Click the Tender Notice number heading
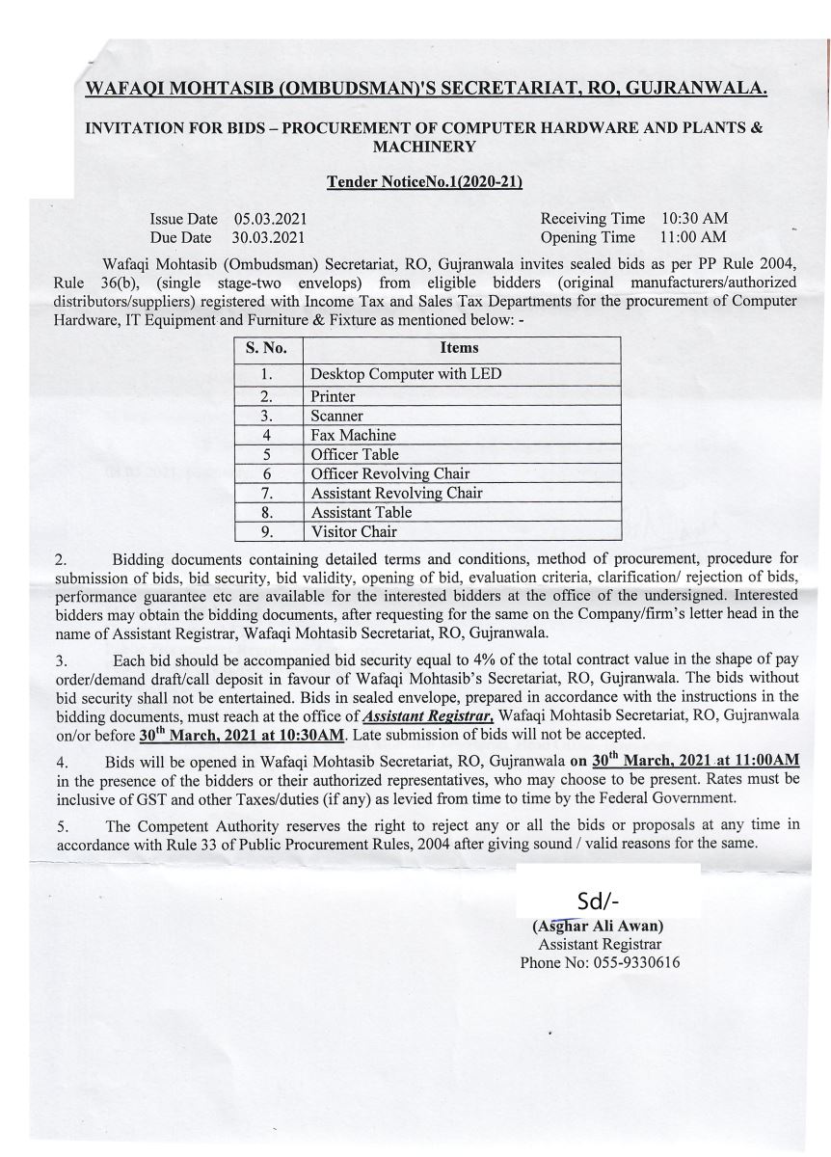pos(425,180)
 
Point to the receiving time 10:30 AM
pos(694,219)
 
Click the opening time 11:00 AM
pos(694,237)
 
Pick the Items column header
pos(459,348)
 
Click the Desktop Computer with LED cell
pos(405,374)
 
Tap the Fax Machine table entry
pos(354,435)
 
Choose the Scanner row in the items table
pos(336,416)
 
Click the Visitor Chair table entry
pos(354,531)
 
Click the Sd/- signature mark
pos(598,901)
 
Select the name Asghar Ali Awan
pos(598,926)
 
